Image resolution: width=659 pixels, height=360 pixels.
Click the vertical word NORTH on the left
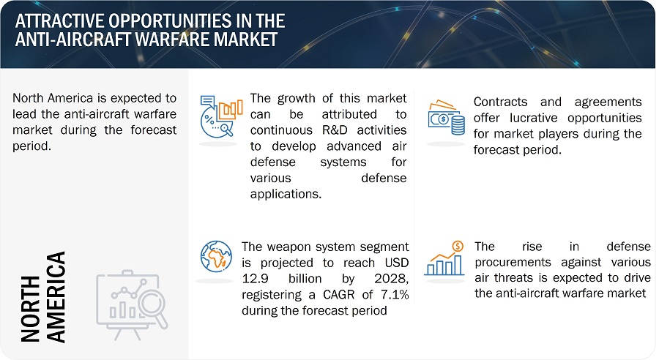(30, 308)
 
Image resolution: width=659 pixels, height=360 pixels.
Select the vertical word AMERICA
(56, 297)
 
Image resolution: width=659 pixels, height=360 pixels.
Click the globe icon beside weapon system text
(216, 256)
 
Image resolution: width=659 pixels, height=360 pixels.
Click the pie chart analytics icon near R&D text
(221, 117)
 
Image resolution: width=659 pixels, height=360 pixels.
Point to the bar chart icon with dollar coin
(444, 258)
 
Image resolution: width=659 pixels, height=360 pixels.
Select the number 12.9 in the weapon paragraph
(255, 279)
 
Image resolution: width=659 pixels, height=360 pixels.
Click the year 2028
(391, 279)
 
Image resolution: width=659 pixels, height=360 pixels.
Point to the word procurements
(513, 263)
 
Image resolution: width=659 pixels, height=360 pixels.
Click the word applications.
(286, 194)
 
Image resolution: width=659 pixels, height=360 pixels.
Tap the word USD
(397, 263)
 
